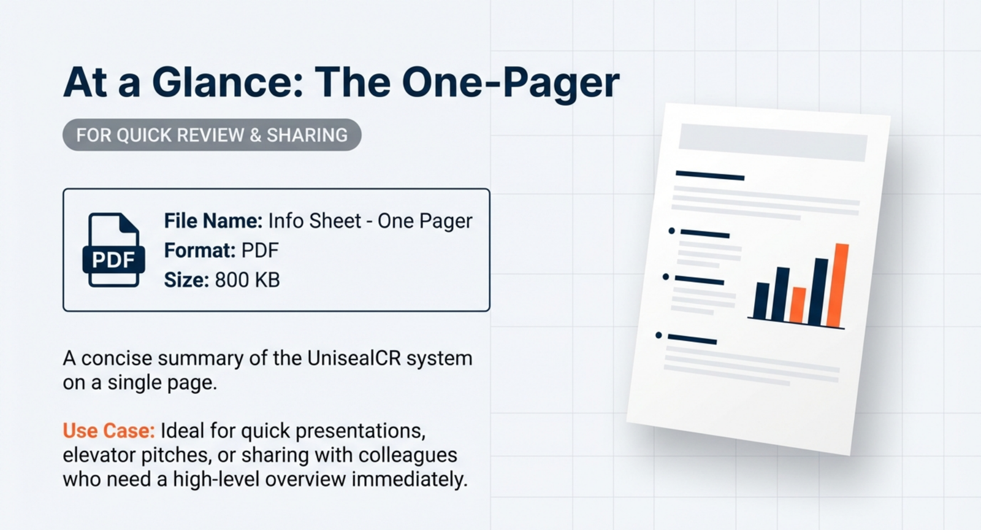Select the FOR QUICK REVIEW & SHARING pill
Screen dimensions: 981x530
[212, 135]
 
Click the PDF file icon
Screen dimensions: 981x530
[114, 250]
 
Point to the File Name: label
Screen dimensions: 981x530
[213, 221]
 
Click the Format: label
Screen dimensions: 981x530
[200, 250]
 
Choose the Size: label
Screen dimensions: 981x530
[186, 280]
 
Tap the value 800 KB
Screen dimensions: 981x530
[248, 280]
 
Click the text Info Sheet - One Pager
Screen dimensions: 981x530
[370, 221]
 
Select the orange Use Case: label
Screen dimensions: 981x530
[109, 431]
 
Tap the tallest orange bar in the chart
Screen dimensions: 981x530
[838, 286]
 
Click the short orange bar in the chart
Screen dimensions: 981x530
[798, 305]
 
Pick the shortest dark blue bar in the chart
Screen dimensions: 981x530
[761, 301]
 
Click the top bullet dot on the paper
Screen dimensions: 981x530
[672, 231]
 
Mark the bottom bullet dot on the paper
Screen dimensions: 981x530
[658, 336]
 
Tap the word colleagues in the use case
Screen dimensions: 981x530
[408, 456]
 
